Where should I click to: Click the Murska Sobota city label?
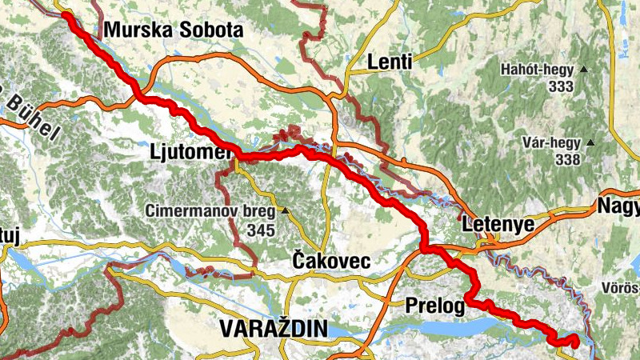pos(173,31)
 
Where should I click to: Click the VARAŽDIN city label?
pos(274,328)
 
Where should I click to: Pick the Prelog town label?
pos(434,305)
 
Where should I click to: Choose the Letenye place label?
pos(497,226)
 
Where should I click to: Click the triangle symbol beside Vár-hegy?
pos(590,143)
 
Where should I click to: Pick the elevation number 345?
pos(261,230)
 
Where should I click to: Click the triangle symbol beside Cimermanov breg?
pos(284,212)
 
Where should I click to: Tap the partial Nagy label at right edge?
pos(619,208)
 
